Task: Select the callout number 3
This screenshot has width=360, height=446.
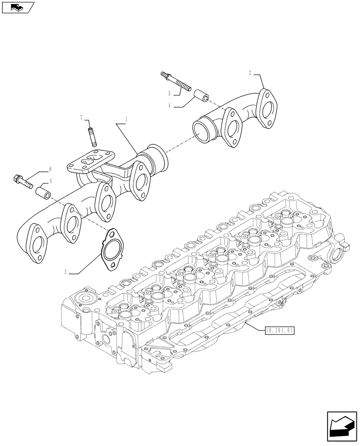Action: pos(65,272)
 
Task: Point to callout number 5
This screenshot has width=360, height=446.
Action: pos(169,94)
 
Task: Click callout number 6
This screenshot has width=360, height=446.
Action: pos(50,169)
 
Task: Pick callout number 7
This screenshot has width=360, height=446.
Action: pos(82,118)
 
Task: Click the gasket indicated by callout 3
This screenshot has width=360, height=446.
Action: pos(110,250)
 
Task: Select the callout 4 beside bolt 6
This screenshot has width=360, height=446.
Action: pos(50,181)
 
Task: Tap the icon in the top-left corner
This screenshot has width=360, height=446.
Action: pos(17,7)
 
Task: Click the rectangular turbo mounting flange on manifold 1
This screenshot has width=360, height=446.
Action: pos(86,163)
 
